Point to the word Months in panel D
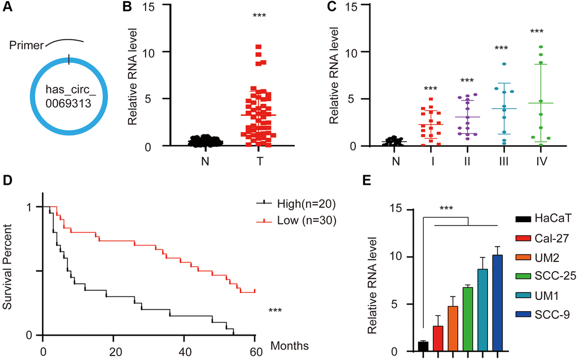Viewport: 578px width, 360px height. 290,344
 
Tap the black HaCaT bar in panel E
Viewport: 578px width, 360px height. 423,346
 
